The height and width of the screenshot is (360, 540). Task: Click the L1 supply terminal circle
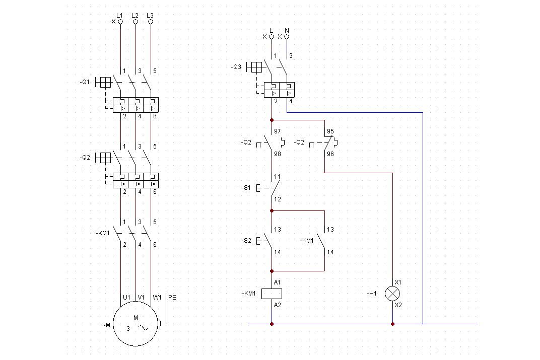120,22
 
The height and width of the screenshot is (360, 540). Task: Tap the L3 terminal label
150,16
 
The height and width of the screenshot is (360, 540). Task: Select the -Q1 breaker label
85,82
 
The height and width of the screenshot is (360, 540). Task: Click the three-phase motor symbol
136,324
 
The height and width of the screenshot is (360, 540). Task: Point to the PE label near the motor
172,298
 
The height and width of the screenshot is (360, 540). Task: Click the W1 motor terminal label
157,298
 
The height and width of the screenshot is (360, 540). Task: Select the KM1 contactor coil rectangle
272,294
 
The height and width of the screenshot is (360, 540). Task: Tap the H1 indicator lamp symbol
392,294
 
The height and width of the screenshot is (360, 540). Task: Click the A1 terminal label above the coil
277,282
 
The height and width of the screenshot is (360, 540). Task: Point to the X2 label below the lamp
398,305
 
